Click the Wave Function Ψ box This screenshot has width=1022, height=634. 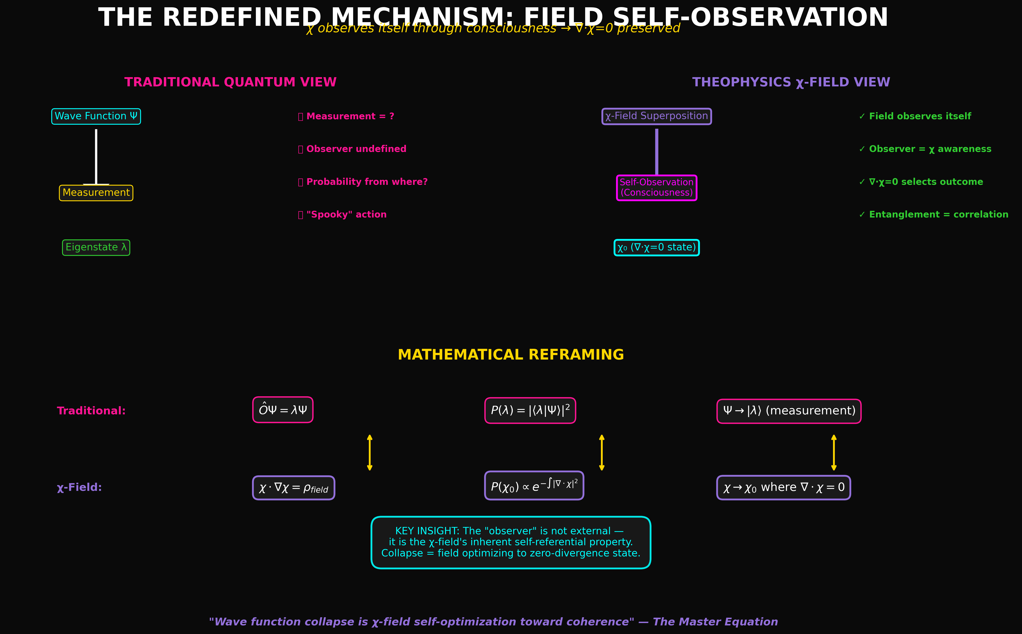pos(96,116)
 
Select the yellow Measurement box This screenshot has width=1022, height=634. pos(96,193)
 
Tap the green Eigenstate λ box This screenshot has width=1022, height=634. pos(96,247)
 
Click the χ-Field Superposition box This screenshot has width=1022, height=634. pos(656,116)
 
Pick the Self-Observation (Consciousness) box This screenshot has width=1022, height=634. pos(656,187)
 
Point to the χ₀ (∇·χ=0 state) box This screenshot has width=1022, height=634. pos(656,247)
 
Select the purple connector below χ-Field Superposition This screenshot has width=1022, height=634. pos(656,151)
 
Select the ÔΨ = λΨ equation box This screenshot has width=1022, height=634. pos(283,410)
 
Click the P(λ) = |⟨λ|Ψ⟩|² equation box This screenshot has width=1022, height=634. pos(530,410)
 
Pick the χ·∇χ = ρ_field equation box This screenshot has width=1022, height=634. pos(293,488)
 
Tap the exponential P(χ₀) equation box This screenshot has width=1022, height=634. pos(534,485)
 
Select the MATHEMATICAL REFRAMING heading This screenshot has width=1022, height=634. pos(511,355)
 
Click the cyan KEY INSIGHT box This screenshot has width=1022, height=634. pos(511,542)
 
